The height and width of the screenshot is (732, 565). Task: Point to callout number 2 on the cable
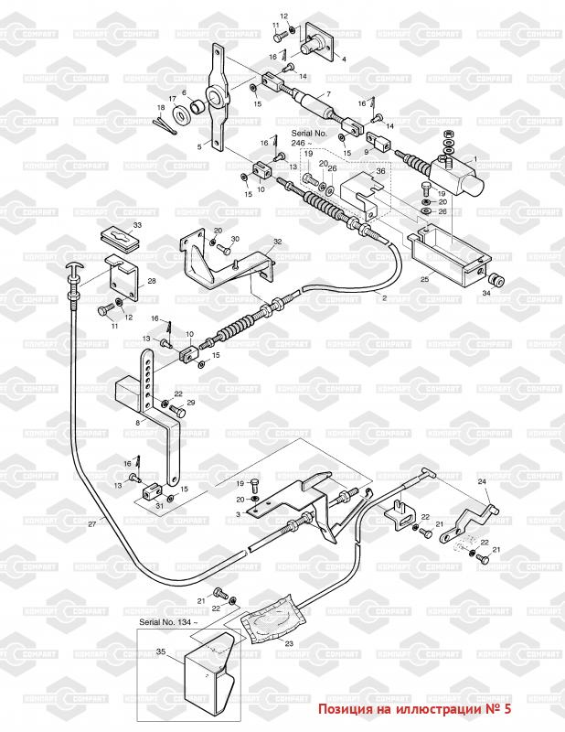coord(384,298)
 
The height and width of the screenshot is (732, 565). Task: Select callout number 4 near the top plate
coord(344,59)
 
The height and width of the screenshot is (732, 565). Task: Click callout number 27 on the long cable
coord(91,524)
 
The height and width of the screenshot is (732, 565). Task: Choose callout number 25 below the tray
coord(424,278)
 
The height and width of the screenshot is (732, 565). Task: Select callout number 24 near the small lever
coord(481,481)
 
